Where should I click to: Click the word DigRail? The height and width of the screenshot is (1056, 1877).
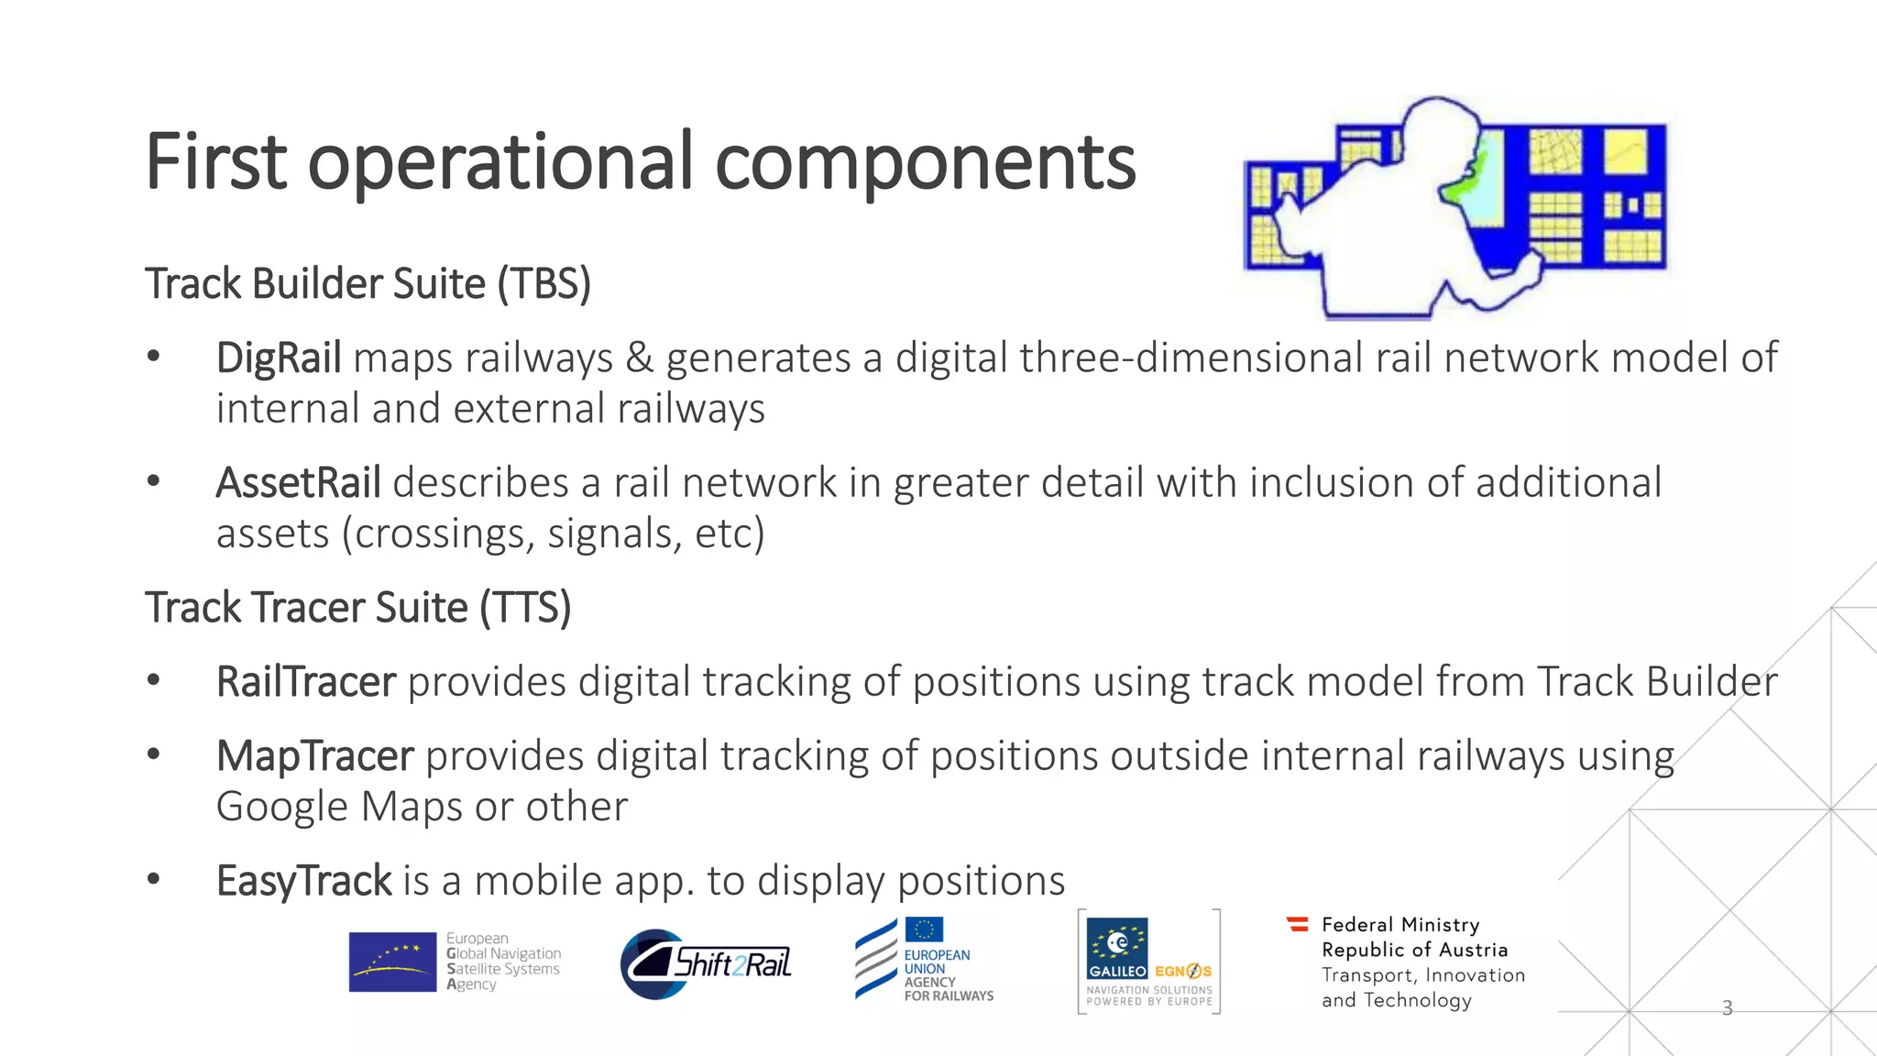coord(279,357)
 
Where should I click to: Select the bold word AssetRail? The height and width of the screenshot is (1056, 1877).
coord(298,483)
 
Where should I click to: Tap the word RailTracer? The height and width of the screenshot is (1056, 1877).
coord(305,682)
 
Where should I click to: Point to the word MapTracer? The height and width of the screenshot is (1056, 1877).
coord(314,756)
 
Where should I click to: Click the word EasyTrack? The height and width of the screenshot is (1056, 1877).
coord(303,881)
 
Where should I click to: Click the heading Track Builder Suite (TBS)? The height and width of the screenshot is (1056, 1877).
coord(368,283)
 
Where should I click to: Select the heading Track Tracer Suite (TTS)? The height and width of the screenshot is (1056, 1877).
coord(357,608)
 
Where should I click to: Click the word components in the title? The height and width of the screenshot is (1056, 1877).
coord(925,162)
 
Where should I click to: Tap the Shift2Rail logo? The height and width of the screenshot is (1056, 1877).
coord(707,963)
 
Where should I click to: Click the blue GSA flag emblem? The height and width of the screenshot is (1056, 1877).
coord(392,962)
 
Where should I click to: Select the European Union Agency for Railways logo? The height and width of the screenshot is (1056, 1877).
coord(924,960)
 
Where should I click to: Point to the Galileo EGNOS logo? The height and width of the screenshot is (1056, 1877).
coord(1148,961)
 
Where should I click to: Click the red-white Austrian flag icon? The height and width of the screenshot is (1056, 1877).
coord(1298,924)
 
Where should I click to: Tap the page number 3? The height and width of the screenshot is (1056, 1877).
coord(1727,1008)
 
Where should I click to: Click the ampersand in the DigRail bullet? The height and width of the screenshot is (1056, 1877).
coord(639,357)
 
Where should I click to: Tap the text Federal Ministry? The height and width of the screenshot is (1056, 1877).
coord(1400,924)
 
